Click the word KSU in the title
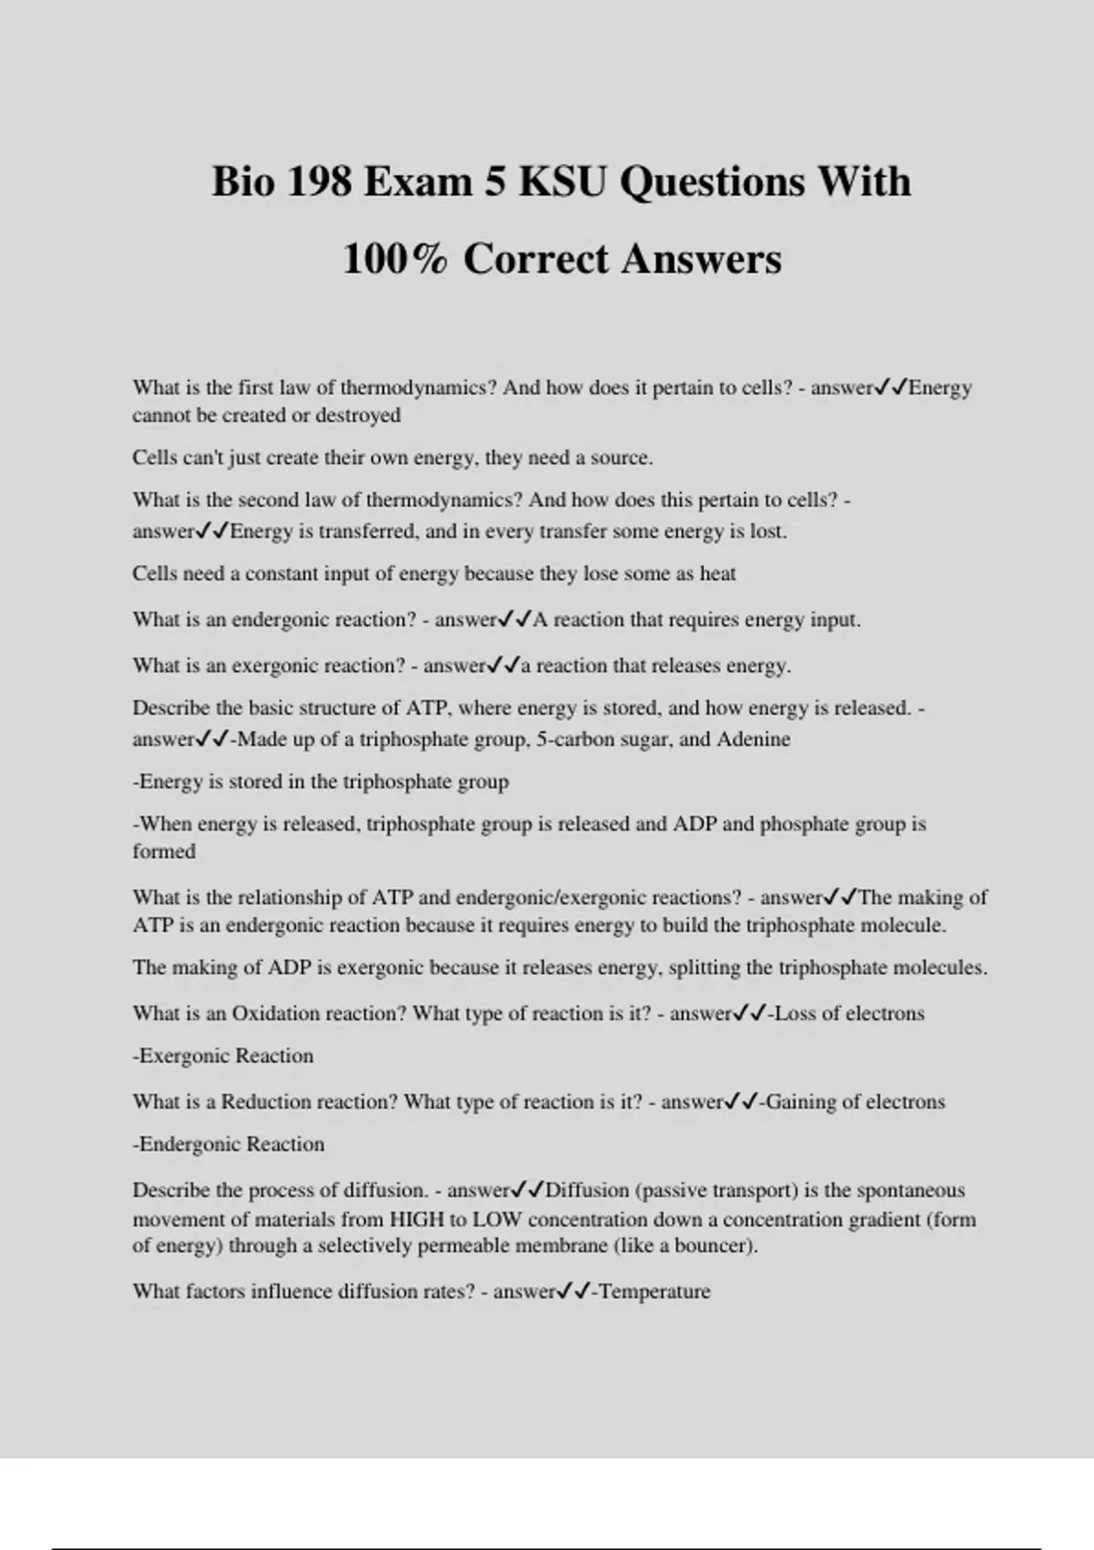pos(562,181)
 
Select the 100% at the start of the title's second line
pos(396,259)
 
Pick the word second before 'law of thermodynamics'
pos(243,500)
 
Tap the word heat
pos(717,573)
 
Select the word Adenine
pos(753,739)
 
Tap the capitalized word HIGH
pos(417,1219)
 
